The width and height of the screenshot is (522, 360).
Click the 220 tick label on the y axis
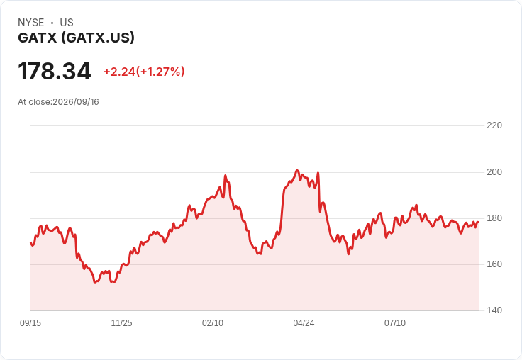pos(494,125)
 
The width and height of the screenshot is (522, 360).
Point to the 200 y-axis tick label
pos(494,172)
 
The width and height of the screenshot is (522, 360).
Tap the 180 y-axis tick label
pos(494,218)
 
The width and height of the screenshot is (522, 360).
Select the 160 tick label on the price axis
pos(494,264)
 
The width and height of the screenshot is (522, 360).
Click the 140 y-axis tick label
pos(494,310)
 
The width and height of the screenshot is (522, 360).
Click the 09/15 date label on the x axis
pos(30,323)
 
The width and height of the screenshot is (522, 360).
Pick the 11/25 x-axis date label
pos(121,323)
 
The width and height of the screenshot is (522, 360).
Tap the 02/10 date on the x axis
pos(213,323)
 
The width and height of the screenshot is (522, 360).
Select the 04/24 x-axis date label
pos(304,323)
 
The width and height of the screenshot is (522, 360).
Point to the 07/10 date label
pos(395,323)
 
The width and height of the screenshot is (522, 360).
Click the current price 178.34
pos(55,71)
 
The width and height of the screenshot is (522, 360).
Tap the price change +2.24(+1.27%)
pos(144,72)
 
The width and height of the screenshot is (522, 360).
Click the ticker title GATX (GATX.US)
pos(76,38)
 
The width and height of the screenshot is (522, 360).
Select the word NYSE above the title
pos(31,23)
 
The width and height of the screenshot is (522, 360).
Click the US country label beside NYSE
pos(67,23)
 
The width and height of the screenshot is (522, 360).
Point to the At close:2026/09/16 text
pos(58,102)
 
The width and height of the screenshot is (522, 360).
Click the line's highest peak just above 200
pos(297,170)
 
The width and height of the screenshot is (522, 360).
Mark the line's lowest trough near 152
pos(95,283)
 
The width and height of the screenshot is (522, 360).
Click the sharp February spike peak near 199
pos(226,175)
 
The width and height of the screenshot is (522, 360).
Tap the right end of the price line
pos(479,222)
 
